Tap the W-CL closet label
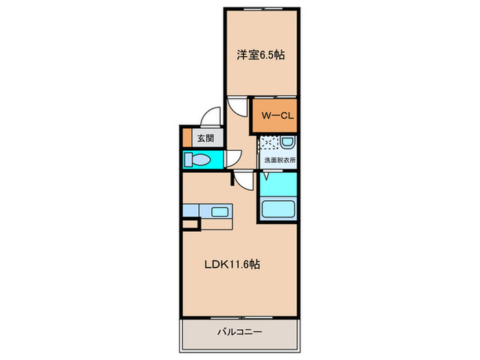point(277,116)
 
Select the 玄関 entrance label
point(206,137)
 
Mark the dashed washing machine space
point(268,144)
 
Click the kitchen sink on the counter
point(220,211)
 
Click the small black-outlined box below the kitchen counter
point(190,224)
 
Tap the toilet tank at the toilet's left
point(188,160)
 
